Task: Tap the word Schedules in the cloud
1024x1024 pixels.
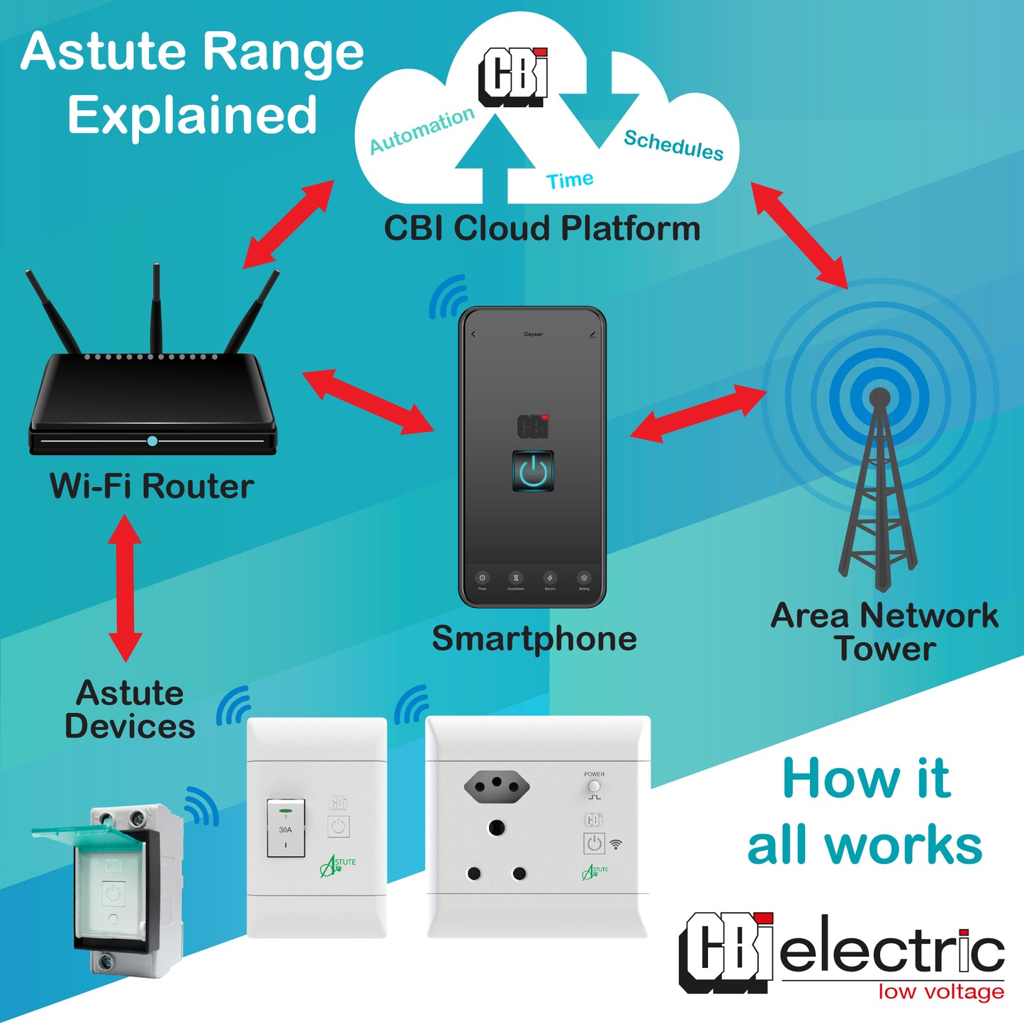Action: pyautogui.click(x=673, y=145)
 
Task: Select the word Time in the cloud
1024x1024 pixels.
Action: pyautogui.click(x=570, y=180)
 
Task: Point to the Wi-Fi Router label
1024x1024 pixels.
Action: pyautogui.click(x=152, y=486)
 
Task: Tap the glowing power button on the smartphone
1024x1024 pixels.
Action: pyautogui.click(x=533, y=471)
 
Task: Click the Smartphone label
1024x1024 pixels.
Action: pyautogui.click(x=534, y=638)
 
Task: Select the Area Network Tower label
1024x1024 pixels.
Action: pyautogui.click(x=884, y=631)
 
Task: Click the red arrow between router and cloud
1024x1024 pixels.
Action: pyautogui.click(x=288, y=224)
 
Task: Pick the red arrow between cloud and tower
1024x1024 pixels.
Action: pyautogui.click(x=799, y=235)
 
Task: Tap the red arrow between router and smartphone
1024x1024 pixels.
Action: pyautogui.click(x=368, y=401)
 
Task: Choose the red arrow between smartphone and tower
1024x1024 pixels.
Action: pyautogui.click(x=698, y=414)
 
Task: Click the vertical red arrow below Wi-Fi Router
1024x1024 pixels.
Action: pyautogui.click(x=125, y=588)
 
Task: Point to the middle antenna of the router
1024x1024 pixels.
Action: pyautogui.click(x=156, y=308)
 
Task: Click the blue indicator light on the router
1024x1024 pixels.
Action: pyautogui.click(x=152, y=441)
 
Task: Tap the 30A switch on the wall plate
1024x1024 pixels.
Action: pyautogui.click(x=286, y=828)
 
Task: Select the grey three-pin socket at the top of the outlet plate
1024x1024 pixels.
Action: pyautogui.click(x=497, y=785)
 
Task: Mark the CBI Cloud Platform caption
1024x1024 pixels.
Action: pyautogui.click(x=542, y=229)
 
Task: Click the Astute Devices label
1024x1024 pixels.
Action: pyautogui.click(x=130, y=709)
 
